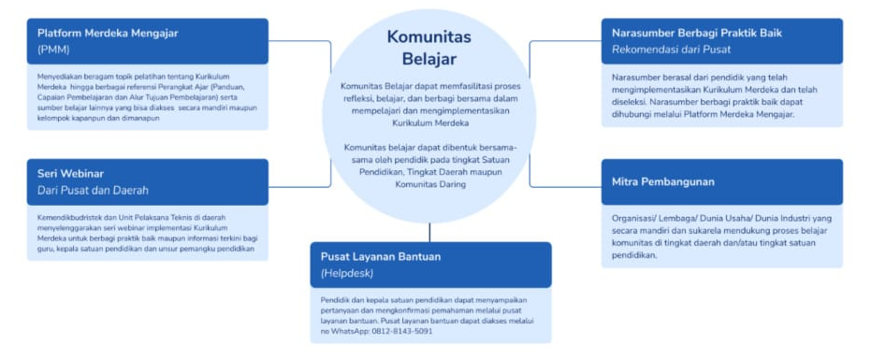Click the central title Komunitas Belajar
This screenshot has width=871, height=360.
pos(428,48)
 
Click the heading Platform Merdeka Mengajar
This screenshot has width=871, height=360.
pos(108,34)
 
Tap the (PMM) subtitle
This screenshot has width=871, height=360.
pos(53,50)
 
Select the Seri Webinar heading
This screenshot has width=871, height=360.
pos(70,173)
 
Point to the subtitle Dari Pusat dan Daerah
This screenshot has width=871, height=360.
pos(93,190)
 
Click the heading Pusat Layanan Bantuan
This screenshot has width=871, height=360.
pos(381,256)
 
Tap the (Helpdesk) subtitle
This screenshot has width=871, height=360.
pos(346,273)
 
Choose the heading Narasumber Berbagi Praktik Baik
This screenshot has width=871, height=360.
pos(697,34)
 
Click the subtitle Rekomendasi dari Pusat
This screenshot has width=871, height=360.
pos(671,50)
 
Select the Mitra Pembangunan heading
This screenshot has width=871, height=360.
pos(662,181)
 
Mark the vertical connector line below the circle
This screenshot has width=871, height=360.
pos(429,233)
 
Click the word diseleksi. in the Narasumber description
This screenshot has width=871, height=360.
pos(629,102)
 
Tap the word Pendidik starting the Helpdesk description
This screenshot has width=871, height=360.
pos(332,300)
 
